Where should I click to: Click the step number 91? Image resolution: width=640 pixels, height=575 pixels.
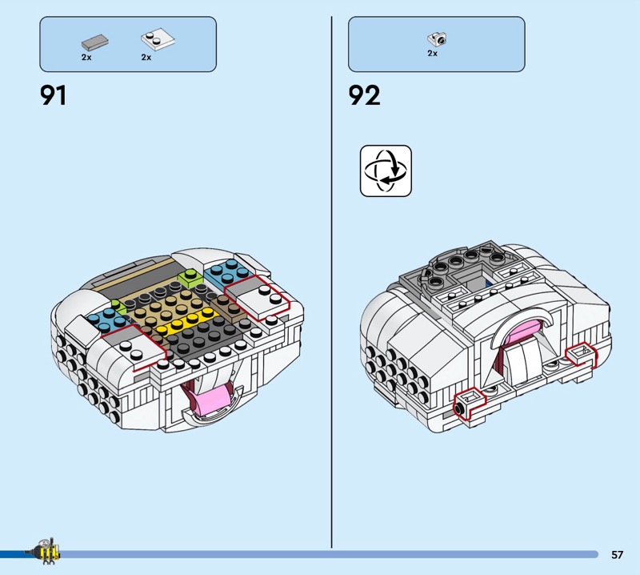[x=54, y=96]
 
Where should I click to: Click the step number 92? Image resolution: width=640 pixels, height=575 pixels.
[x=364, y=96]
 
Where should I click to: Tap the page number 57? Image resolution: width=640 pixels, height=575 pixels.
[x=617, y=554]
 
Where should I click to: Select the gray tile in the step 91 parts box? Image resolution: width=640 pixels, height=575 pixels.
[x=94, y=41]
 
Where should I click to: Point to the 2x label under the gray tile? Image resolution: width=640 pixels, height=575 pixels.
[x=86, y=58]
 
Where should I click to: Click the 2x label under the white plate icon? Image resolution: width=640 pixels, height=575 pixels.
[x=146, y=58]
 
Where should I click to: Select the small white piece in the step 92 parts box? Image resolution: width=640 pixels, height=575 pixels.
[x=437, y=38]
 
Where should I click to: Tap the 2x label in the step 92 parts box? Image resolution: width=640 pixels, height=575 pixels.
[x=432, y=54]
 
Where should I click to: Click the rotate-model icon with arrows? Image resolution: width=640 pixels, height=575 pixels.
[x=386, y=171]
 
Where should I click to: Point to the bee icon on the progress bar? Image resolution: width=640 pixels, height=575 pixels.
[x=46, y=552]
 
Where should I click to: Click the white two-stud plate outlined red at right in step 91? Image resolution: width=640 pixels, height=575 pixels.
[x=266, y=298]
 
